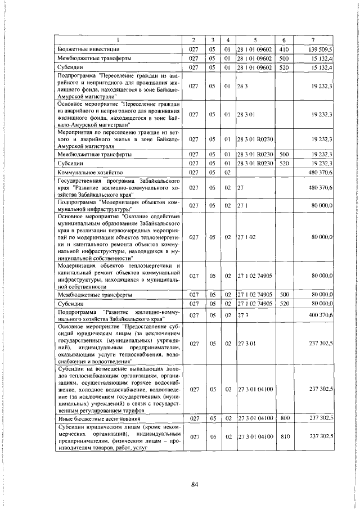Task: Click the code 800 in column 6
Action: coord(284,417)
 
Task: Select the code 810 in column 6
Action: coord(284,436)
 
